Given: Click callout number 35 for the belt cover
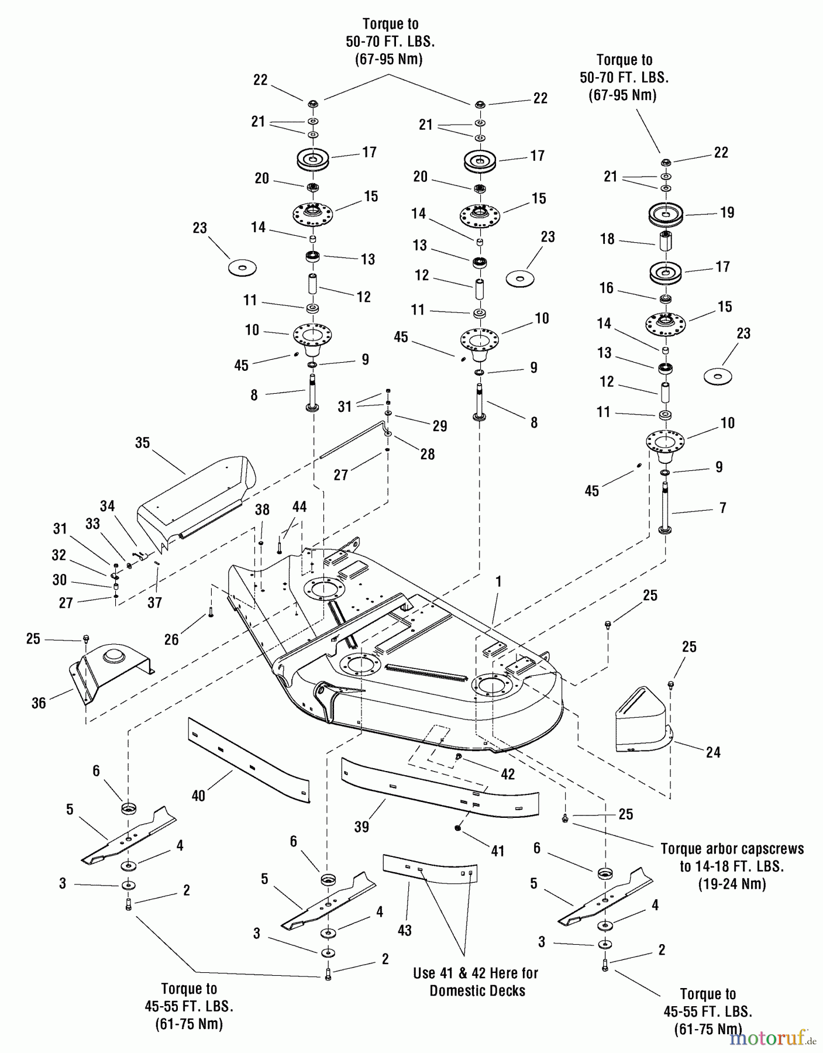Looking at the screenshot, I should coord(143,443).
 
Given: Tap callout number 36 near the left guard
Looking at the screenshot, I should coord(39,703).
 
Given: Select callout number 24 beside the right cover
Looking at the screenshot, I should coord(713,752).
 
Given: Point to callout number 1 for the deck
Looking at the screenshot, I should coord(498,581).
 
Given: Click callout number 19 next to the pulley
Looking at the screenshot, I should coord(727,212).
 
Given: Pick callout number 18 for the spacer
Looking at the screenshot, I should coord(607,239).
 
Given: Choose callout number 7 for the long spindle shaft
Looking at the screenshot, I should coord(723,508).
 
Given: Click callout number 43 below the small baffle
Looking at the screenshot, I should coord(405,930).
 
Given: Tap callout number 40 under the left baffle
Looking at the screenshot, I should coord(198,796).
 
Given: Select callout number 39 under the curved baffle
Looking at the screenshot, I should coord(361,826).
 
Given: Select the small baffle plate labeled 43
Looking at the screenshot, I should coord(430,866).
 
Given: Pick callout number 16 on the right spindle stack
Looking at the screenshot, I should coord(607,288).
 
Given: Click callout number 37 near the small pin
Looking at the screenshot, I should coord(154,603).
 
